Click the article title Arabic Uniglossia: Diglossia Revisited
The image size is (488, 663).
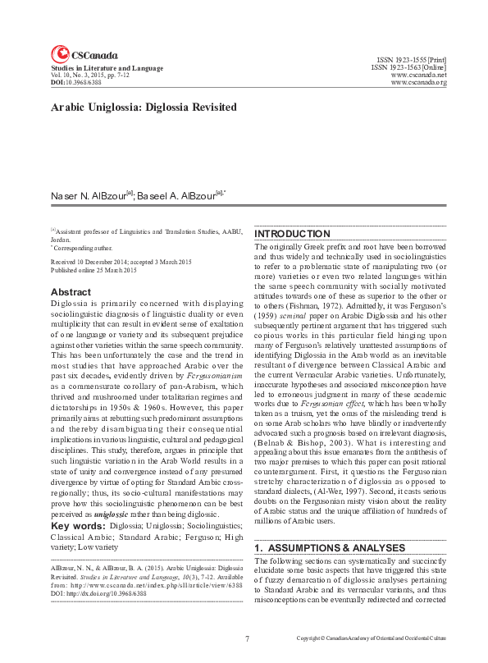click(x=144, y=107)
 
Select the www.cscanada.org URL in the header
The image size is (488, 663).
click(x=419, y=82)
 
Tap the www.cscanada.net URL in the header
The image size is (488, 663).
click(x=419, y=75)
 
